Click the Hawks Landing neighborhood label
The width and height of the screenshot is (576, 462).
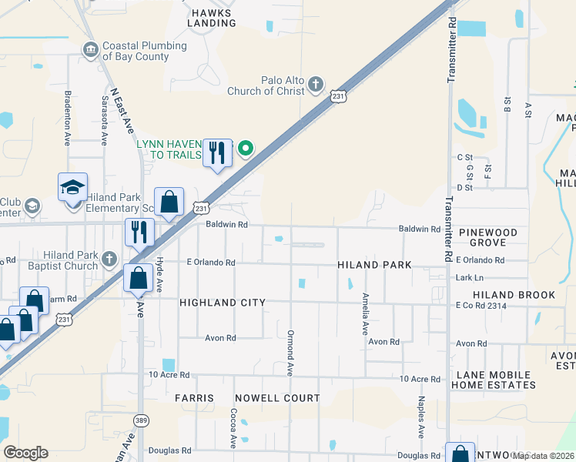point(213,18)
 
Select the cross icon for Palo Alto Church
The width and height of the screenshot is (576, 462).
point(315,85)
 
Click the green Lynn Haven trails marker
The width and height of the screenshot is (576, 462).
point(246,148)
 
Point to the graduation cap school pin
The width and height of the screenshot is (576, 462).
point(73,188)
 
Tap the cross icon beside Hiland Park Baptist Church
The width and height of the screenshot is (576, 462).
point(109,259)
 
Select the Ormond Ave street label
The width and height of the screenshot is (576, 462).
point(290,353)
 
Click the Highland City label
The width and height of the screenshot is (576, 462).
point(222,303)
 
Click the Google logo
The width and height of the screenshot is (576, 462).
point(25,453)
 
